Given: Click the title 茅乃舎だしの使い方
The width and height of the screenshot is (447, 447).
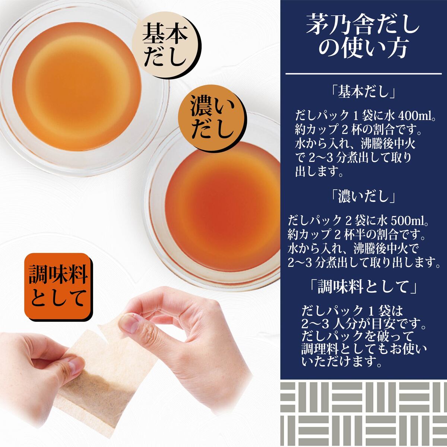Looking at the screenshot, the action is tap(363, 39).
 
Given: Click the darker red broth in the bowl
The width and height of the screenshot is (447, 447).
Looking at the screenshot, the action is tap(223, 206).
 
